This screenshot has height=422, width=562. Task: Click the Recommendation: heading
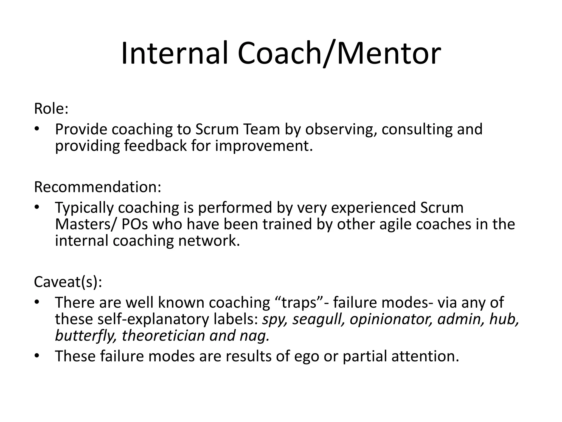click(97, 187)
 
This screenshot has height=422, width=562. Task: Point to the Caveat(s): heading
click(68, 282)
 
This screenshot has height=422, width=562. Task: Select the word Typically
click(84, 208)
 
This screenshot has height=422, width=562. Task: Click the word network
click(209, 241)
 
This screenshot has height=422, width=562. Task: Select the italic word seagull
click(318, 320)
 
